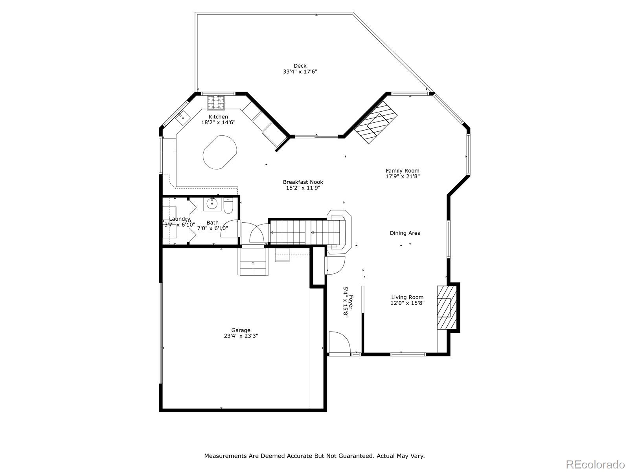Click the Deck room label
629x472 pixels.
[x=300, y=66]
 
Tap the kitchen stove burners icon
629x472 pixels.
[x=216, y=102]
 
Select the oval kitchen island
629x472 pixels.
[x=220, y=152]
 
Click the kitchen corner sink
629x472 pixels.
[x=183, y=118]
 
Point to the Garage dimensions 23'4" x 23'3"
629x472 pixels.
[x=241, y=336]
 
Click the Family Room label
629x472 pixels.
[x=402, y=171]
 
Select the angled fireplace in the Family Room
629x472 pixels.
[x=376, y=123]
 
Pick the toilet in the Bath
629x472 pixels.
[x=228, y=206]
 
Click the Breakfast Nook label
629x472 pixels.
[x=303, y=182]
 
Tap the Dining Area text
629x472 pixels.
[x=405, y=233]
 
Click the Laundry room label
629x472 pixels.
[x=180, y=219]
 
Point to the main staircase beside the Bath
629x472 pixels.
[x=305, y=232]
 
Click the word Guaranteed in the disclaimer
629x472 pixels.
[x=355, y=456]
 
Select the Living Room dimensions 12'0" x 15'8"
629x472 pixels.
[x=407, y=303]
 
